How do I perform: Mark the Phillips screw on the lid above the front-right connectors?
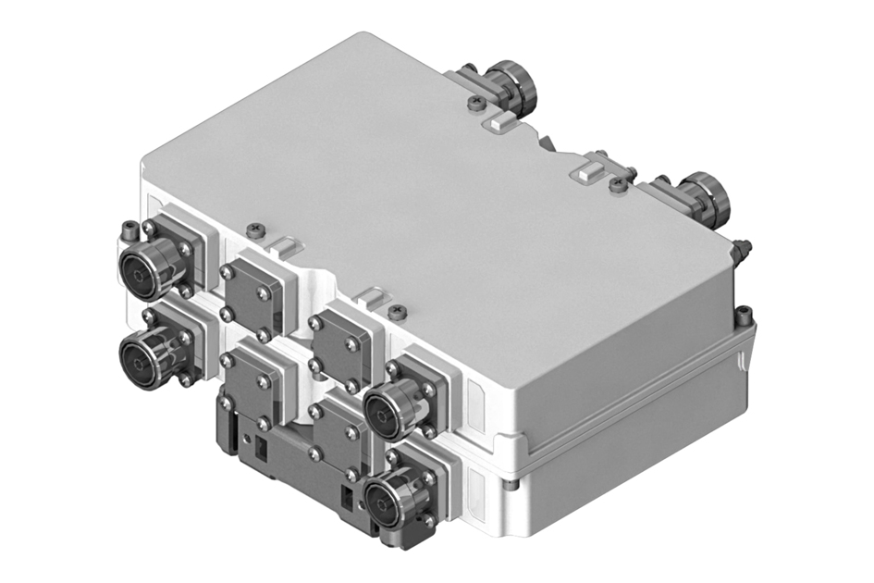tap(398, 311)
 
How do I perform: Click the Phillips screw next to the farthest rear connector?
tap(475, 104)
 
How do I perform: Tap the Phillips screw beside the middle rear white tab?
tap(617, 185)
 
